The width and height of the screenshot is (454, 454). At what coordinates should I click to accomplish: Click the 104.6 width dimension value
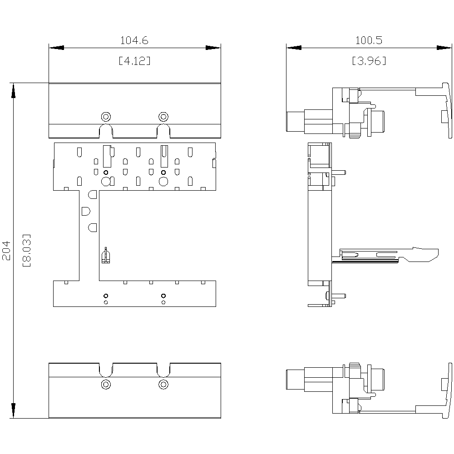134,40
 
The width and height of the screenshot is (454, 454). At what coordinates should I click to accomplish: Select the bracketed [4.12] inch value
134,60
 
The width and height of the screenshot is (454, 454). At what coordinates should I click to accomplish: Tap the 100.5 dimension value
368,40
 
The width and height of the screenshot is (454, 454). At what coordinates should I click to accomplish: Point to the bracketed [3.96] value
369,60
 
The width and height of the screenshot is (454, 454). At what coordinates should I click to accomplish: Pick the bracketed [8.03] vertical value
26,250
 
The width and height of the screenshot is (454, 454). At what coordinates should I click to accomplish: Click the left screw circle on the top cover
106,116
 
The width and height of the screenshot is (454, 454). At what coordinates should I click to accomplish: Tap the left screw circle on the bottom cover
106,385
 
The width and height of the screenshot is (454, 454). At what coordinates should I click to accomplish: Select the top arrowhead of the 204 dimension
14,90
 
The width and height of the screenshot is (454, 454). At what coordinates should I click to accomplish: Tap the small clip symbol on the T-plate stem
105,256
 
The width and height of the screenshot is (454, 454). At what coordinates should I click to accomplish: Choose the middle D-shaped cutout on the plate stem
85,211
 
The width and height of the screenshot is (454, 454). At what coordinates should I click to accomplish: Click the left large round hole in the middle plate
105,182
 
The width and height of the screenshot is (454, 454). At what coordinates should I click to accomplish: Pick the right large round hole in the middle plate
163,182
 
